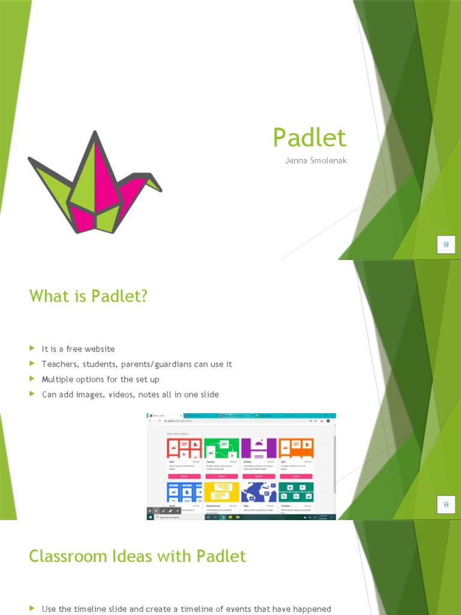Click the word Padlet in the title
[x=309, y=138]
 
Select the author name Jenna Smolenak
[x=316, y=160]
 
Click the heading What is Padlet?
[x=88, y=296]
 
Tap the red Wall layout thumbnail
[x=184, y=448]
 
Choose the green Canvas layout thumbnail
[x=221, y=448]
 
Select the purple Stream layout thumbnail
[x=259, y=448]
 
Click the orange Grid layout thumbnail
[x=296, y=448]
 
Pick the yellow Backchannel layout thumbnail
[x=221, y=492]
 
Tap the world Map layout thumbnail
[x=259, y=492]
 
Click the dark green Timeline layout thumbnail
[x=296, y=492]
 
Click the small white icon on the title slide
[x=446, y=245]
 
